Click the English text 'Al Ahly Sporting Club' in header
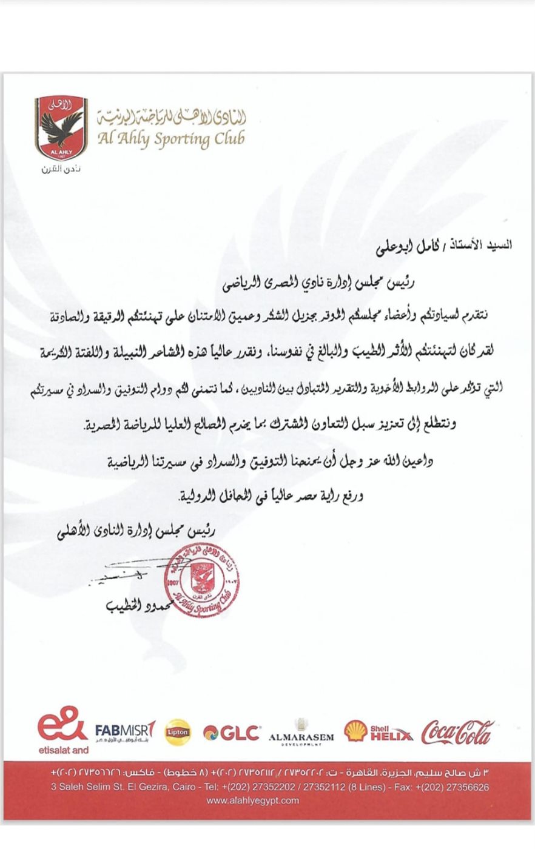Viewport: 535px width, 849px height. pyautogui.click(x=171, y=139)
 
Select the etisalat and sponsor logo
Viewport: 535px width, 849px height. pyautogui.click(x=63, y=731)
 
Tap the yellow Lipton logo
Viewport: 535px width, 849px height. pyautogui.click(x=177, y=732)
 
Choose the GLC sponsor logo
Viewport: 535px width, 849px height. pyautogui.click(x=232, y=733)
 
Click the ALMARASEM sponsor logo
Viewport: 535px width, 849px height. pyautogui.click(x=301, y=733)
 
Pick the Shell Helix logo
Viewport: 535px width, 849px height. pyautogui.click(x=378, y=732)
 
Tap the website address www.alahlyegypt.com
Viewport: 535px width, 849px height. pyautogui.click(x=253, y=800)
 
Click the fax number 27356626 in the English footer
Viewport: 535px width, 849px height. pyautogui.click(x=462, y=787)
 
